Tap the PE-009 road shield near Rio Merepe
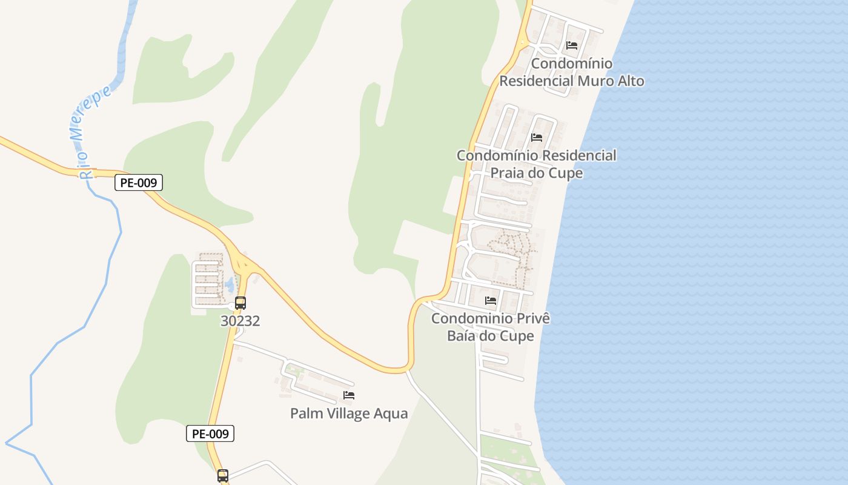139,182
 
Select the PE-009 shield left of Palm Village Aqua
210,433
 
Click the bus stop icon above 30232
240,303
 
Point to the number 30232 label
240,321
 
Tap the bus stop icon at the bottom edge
223,475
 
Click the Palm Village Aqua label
349,413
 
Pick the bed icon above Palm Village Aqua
349,395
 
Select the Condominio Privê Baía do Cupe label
491,327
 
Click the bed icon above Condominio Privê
491,300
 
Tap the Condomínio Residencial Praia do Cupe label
537,164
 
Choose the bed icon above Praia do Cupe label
537,138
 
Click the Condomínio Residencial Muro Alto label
572,72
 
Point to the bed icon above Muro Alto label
572,45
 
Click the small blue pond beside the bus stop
230,283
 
